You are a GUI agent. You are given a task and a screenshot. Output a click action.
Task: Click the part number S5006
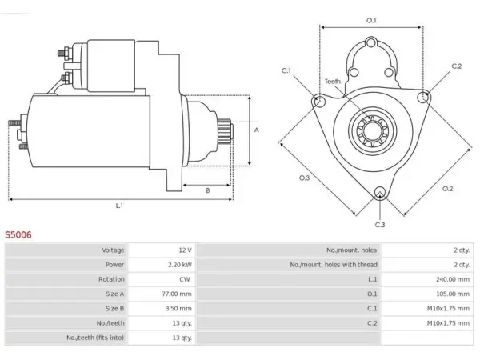pos(18,234)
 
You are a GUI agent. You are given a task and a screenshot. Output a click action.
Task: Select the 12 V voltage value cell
pos(186,250)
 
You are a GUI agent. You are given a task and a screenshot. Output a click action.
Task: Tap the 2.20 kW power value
pos(180,265)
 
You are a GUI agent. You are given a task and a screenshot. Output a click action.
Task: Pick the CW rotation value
pos(185,279)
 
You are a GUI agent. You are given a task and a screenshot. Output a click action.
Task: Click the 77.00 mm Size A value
pos(177,294)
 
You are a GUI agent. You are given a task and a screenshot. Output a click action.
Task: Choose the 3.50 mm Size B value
pos(178,308)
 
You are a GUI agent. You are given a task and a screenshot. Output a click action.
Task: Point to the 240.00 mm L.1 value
pos(453,279)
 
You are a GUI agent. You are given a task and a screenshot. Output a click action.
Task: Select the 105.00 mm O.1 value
pos(453,294)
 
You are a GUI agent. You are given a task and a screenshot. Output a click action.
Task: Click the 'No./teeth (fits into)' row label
pos(95,338)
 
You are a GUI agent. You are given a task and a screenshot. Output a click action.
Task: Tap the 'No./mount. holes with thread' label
pos(334,265)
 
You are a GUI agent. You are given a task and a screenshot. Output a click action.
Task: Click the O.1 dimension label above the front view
pos(371,21)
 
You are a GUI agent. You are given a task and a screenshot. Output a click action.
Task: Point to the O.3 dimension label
pos(304,178)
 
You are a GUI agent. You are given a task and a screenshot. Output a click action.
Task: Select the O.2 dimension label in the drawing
pos(447,189)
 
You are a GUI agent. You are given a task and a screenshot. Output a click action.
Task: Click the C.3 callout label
pos(380,225)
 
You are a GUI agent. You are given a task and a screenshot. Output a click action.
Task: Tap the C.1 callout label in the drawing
pos(286,70)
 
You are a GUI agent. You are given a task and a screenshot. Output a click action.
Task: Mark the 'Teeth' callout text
pos(333,82)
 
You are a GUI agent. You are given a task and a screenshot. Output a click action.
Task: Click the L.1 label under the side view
pos(119,206)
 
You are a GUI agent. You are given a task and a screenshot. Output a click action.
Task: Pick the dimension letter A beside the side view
pos(257,130)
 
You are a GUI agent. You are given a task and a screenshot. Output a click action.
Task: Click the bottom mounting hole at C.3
pos(380,192)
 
